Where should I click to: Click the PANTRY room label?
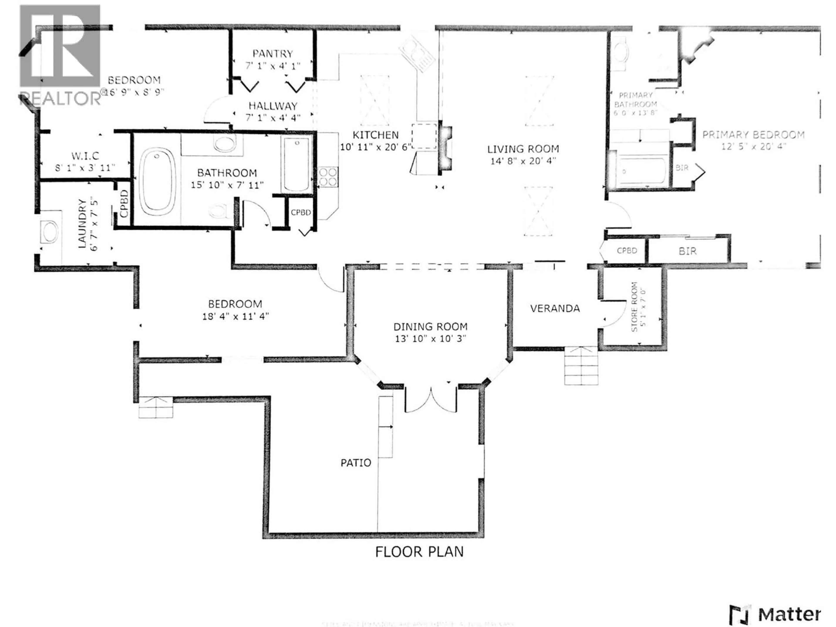(x=273, y=54)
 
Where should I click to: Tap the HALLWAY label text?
(x=273, y=106)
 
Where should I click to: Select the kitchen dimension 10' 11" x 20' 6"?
(x=375, y=147)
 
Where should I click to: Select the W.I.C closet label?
(x=85, y=156)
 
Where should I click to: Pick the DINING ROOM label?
(x=430, y=327)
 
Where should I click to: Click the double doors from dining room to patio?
(x=431, y=400)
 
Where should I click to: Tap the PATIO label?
(x=356, y=463)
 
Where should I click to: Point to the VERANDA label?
(x=555, y=308)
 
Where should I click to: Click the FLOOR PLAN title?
(x=419, y=552)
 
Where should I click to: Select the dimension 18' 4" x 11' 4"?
(x=235, y=316)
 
